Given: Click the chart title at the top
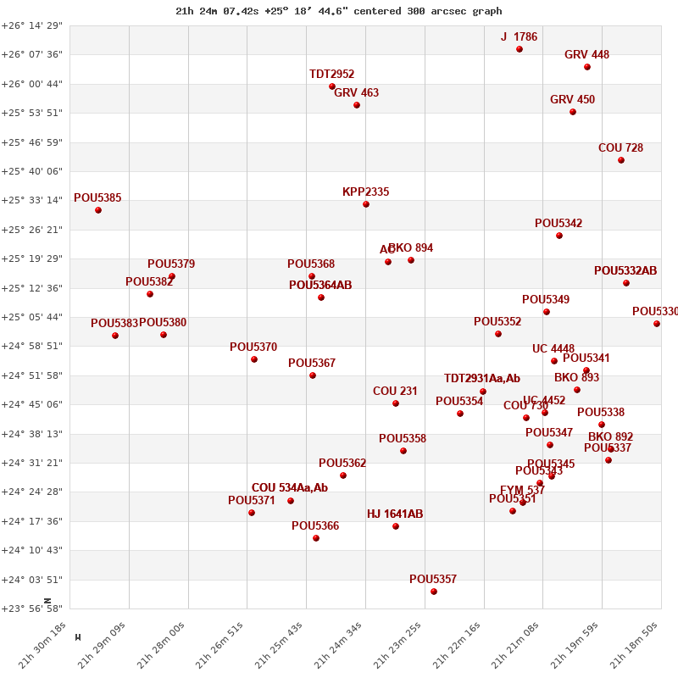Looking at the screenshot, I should [x=338, y=11].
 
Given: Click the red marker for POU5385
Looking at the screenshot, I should [x=98, y=210].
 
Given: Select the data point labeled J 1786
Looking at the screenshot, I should [x=520, y=49].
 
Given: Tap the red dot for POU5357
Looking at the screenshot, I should [x=434, y=592].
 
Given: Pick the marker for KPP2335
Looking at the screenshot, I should [x=366, y=204].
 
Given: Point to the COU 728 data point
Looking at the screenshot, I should [x=621, y=160].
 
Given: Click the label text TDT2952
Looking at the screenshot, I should [x=331, y=75].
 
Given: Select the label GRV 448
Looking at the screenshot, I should [x=586, y=55].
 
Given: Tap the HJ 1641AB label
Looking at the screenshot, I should [x=395, y=514].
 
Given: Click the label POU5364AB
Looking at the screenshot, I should [x=320, y=286].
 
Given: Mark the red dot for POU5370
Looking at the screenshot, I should [x=254, y=359].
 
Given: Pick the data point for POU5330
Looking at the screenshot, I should [x=657, y=324].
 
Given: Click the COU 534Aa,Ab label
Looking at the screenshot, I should [x=289, y=488].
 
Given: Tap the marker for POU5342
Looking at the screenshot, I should [x=559, y=236].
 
